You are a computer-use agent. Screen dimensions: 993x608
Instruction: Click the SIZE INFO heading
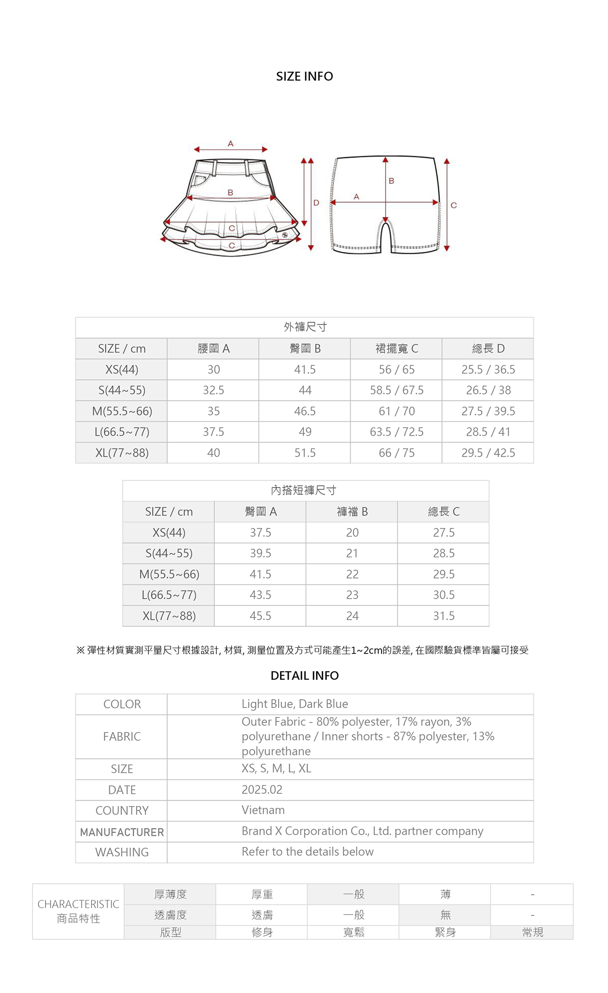coord(305,77)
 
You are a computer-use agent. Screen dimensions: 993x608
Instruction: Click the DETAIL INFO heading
coord(305,676)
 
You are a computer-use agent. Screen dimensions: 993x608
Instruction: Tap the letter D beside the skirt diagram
coord(316,203)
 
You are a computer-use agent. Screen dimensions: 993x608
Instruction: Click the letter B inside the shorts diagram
coord(391,181)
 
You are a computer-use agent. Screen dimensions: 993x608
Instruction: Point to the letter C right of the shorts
coord(453,205)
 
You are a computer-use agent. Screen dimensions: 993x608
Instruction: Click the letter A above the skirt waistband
coord(231,144)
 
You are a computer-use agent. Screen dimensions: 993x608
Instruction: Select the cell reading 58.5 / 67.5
coord(396,391)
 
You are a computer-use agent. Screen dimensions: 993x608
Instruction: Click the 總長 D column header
coord(488,349)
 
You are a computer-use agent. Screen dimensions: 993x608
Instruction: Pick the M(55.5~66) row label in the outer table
coord(122,411)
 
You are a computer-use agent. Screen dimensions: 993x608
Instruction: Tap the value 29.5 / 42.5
coord(488,453)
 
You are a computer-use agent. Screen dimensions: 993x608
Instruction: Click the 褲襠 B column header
coord(352,512)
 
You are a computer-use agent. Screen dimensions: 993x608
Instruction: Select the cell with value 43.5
coord(260,595)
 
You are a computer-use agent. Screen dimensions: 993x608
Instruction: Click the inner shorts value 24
coord(352,616)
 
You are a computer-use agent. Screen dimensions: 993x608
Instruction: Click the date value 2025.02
coord(262,790)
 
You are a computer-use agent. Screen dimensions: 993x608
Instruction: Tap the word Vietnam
coord(263,810)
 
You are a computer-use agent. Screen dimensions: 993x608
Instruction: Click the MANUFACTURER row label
coord(122,832)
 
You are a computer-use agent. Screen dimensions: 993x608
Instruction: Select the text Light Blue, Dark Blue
coord(295,704)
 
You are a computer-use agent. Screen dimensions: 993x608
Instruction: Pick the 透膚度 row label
coord(170,915)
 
